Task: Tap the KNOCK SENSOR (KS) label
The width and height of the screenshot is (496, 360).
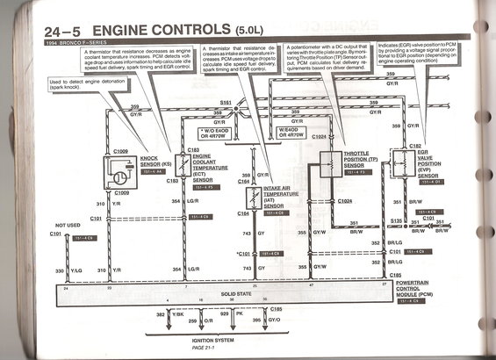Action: pyautogui.click(x=156, y=162)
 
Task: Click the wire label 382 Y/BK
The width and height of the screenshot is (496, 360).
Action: pyautogui.click(x=172, y=313)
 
